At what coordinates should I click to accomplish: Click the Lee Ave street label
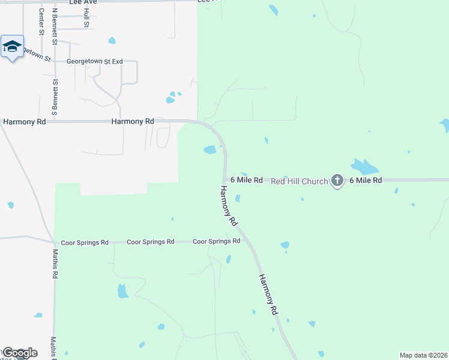[83, 2]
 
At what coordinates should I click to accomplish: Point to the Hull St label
[87, 19]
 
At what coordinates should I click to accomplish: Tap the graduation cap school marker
[11, 47]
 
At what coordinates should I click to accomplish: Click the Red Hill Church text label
[300, 181]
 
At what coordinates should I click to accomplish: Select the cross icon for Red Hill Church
[337, 180]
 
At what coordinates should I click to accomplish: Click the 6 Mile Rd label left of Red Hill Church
[246, 180]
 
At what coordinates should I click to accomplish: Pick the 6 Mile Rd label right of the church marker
[366, 180]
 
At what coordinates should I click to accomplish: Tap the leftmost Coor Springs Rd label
[85, 242]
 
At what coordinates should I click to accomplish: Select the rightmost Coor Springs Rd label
[216, 241]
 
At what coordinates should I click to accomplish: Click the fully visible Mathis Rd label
[55, 264]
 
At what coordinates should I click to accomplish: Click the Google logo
[20, 353]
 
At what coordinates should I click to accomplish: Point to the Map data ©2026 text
[423, 355]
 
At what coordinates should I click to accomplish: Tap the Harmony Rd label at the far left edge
[24, 121]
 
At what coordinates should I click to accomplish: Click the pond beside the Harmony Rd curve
[209, 149]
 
